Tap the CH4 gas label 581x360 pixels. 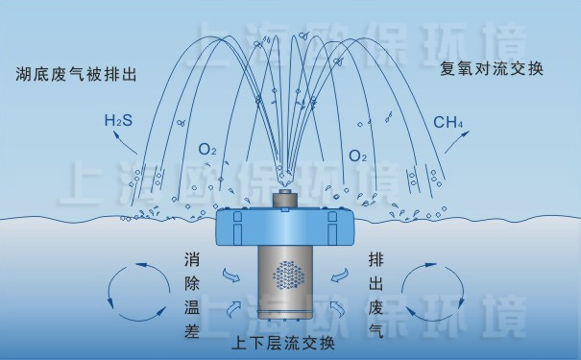coord(448,122)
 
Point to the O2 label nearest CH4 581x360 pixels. coord(358,155)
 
